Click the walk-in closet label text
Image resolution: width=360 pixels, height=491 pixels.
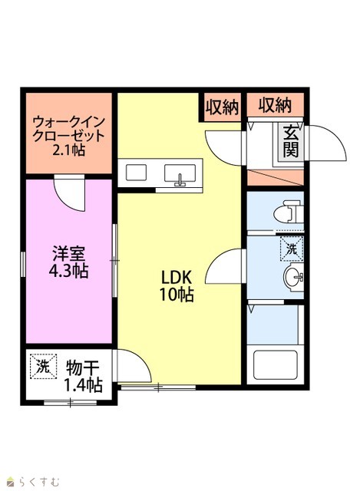click(x=68, y=136)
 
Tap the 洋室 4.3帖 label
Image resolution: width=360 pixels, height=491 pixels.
click(x=68, y=262)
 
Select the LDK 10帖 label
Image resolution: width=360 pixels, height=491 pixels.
click(x=177, y=285)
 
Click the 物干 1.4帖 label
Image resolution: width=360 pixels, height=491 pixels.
click(x=84, y=376)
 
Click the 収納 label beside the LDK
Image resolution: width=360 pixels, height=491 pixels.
click(x=222, y=107)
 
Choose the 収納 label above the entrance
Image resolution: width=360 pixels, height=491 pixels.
click(x=275, y=105)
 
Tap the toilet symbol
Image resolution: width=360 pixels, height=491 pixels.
click(x=289, y=212)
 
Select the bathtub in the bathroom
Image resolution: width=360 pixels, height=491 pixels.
click(x=275, y=365)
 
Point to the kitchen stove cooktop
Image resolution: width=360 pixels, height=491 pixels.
click(x=136, y=173)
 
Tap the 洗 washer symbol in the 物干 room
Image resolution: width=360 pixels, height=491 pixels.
click(x=43, y=367)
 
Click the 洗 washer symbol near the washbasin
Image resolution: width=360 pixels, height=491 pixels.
click(x=292, y=249)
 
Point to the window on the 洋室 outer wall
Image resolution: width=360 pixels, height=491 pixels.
click(x=22, y=264)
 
